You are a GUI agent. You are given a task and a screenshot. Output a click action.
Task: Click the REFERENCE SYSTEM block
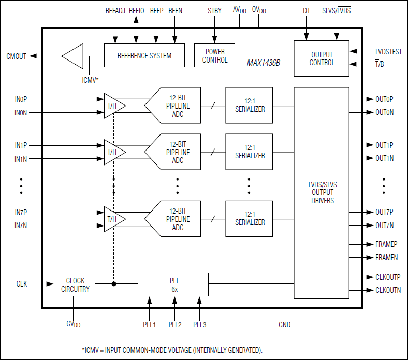144,55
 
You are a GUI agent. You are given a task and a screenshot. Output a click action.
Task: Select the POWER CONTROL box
215,55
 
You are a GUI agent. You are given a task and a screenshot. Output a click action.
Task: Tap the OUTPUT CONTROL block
322,58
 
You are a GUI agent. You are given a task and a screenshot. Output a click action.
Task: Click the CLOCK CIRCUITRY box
75,284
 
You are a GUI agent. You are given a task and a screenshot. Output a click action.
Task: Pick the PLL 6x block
173,284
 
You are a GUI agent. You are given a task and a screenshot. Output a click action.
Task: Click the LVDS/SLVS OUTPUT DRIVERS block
322,192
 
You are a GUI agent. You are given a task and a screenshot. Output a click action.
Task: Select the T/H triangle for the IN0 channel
111,106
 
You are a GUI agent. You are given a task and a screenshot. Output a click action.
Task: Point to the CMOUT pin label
16,56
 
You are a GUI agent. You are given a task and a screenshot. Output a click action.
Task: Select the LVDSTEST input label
388,52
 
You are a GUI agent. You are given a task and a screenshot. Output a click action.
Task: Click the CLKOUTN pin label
388,291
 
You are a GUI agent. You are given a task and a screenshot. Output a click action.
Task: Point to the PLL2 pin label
175,324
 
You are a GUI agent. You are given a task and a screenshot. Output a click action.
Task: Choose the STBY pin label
214,11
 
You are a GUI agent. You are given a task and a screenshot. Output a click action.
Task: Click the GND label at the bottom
284,325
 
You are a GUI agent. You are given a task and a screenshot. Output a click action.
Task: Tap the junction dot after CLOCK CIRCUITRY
114,283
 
